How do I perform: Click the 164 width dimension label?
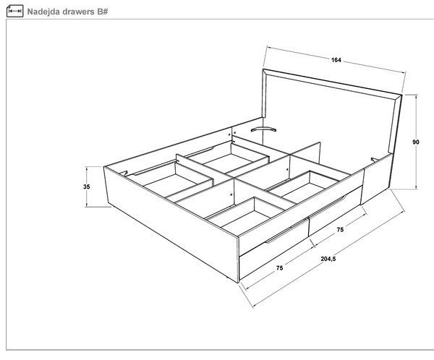[x=336, y=60]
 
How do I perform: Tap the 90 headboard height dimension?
[x=416, y=142]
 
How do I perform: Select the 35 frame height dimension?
[x=87, y=187]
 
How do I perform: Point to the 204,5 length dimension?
[x=328, y=259]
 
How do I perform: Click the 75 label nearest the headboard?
[x=340, y=229]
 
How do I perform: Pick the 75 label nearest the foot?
[x=279, y=268]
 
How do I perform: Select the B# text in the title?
[x=103, y=12]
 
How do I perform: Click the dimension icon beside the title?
[x=14, y=11]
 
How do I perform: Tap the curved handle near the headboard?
[x=263, y=129]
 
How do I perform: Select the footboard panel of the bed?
[x=171, y=224]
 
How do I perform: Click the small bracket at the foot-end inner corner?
[x=124, y=173]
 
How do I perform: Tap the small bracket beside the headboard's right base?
[x=374, y=160]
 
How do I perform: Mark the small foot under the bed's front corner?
[x=228, y=278]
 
